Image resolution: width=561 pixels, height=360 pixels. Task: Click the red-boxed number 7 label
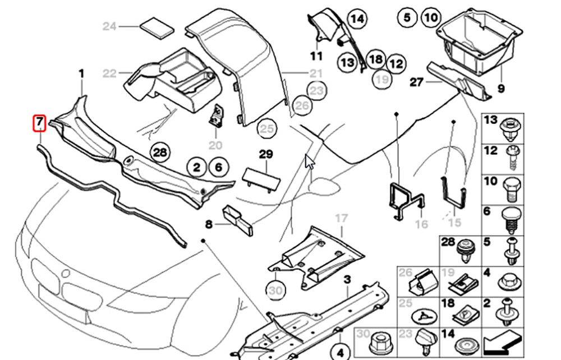tap(39, 123)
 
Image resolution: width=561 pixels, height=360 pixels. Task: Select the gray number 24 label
tap(109, 26)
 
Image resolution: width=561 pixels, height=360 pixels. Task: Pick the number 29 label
tap(265, 154)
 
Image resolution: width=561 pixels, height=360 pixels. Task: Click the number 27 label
tap(416, 82)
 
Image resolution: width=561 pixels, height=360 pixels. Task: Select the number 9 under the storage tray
tap(501, 89)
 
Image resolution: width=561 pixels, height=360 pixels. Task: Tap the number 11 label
tap(316, 56)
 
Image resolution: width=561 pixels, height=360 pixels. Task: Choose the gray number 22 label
tap(109, 73)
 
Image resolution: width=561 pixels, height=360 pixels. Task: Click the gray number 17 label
tap(341, 218)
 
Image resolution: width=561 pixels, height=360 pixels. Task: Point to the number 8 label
tap(209, 225)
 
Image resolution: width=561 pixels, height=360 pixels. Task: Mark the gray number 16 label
tap(421, 224)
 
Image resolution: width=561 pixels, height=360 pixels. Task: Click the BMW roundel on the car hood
tap(66, 274)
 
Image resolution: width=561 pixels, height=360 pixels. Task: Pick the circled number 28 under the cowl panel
tap(160, 152)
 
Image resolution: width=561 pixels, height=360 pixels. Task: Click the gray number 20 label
tap(215, 145)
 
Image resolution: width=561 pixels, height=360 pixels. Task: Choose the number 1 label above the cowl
tap(81, 73)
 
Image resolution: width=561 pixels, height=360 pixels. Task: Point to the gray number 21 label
tap(316, 73)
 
